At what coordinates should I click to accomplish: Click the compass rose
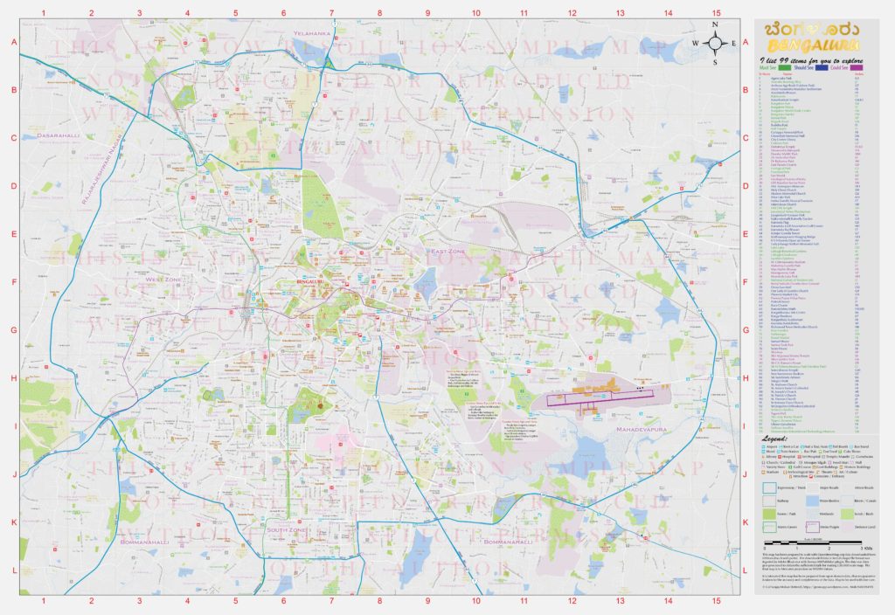click(714, 42)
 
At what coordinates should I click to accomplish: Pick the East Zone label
click(443, 252)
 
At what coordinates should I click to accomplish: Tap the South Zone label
click(286, 530)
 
